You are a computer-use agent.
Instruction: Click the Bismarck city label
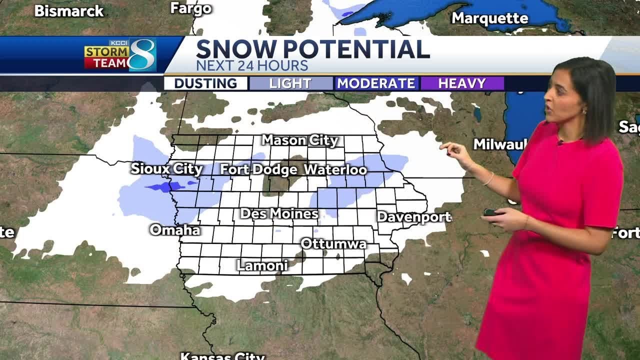click(x=69, y=11)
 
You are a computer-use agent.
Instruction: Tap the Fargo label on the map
click(x=191, y=8)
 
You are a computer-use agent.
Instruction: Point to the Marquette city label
click(x=489, y=18)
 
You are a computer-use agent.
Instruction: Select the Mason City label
click(x=300, y=140)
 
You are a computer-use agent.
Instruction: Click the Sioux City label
click(x=166, y=168)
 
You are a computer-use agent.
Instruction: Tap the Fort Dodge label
click(x=258, y=169)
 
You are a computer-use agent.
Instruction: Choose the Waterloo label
click(x=335, y=169)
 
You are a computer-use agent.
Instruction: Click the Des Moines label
click(x=279, y=213)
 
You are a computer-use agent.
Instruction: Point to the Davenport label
click(x=414, y=217)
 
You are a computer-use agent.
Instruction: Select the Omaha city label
click(x=175, y=230)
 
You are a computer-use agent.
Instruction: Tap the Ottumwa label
click(x=333, y=243)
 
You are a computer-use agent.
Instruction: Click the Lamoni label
click(x=262, y=265)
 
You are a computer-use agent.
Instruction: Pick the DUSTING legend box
click(x=206, y=83)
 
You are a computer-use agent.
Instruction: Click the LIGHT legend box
click(x=291, y=83)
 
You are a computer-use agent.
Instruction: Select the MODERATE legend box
click(x=376, y=83)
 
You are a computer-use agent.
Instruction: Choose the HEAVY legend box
click(x=462, y=83)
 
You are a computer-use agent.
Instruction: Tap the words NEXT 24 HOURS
click(x=251, y=65)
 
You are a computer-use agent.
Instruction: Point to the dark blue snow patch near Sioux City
click(x=165, y=187)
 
